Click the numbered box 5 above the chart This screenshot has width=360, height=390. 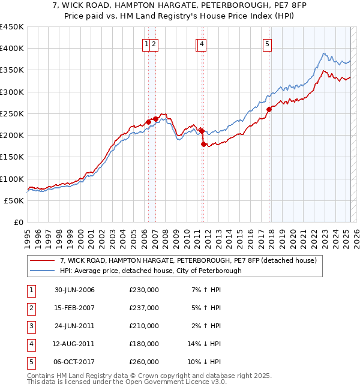pyautogui.click(x=266, y=43)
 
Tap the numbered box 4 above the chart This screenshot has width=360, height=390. pyautogui.click(x=202, y=43)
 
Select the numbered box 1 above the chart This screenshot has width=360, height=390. pyautogui.click(x=146, y=43)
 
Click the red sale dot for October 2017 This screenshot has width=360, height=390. pyautogui.click(x=269, y=109)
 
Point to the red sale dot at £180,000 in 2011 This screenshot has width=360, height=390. pyautogui.click(x=203, y=144)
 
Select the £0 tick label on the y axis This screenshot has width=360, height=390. pyautogui.click(x=18, y=222)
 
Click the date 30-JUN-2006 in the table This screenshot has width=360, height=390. pyautogui.click(x=74, y=290)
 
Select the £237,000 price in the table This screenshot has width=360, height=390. pyautogui.click(x=143, y=308)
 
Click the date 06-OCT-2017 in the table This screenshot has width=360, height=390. pyautogui.click(x=74, y=362)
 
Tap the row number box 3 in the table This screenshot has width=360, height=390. pyautogui.click(x=31, y=326)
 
